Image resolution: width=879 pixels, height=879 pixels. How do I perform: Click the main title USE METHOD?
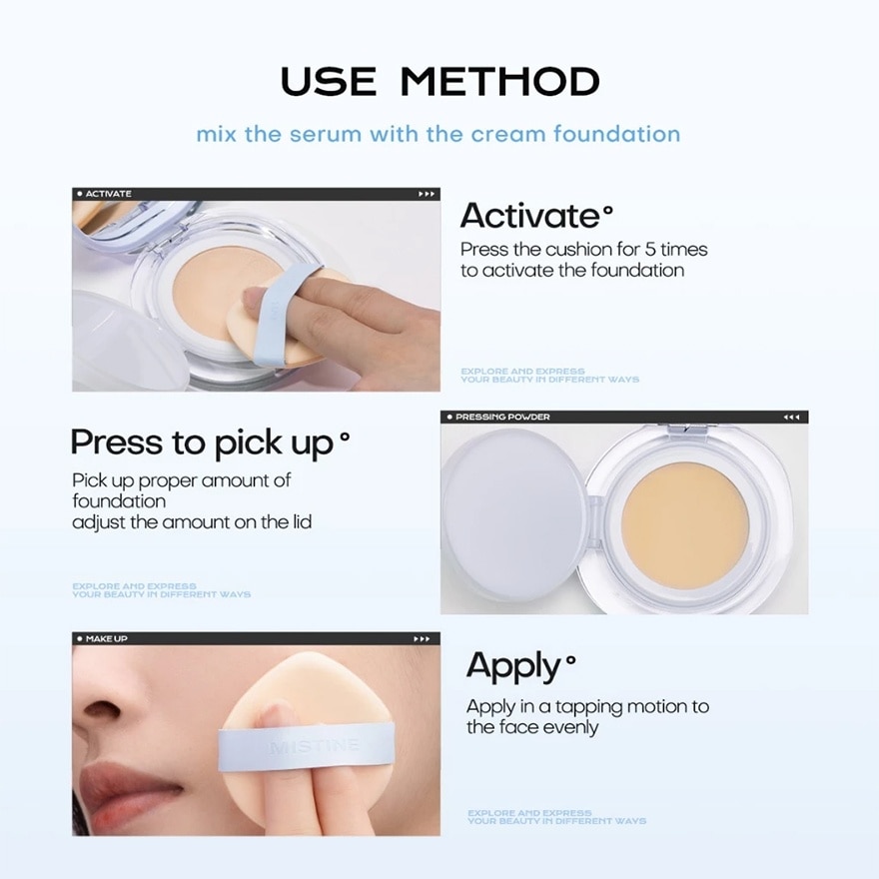click(x=439, y=81)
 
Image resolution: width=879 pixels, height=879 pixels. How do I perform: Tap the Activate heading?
click(x=530, y=215)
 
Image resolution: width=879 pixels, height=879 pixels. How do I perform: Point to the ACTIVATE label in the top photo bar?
click(x=108, y=194)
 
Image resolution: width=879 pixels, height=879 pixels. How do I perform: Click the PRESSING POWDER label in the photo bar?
click(x=502, y=417)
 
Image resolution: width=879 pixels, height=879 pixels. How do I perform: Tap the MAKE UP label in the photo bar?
click(x=106, y=638)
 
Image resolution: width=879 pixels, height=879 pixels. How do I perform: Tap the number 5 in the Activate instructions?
click(x=628, y=250)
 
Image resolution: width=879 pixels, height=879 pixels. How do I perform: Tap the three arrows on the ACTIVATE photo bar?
click(x=426, y=194)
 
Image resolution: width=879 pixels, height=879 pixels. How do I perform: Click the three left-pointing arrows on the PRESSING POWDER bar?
click(x=791, y=417)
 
